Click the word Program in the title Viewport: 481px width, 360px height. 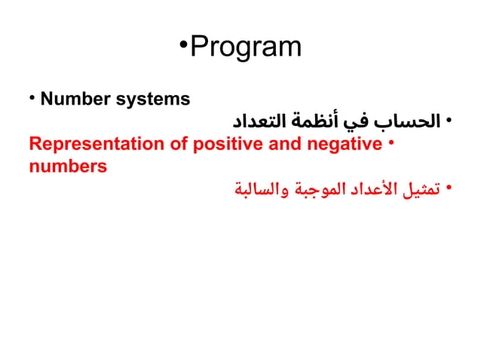pyautogui.click(x=246, y=47)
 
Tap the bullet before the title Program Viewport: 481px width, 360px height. pyautogui.click(x=184, y=44)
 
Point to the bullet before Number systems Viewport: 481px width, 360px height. pyautogui.click(x=32, y=99)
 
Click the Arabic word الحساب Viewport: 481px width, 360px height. pyautogui.click(x=413, y=121)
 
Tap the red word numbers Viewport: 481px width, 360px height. pyautogui.click(x=68, y=166)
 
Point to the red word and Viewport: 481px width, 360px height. pyautogui.click(x=285, y=144)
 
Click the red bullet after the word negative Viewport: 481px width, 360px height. pyautogui.click(x=391, y=143)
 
